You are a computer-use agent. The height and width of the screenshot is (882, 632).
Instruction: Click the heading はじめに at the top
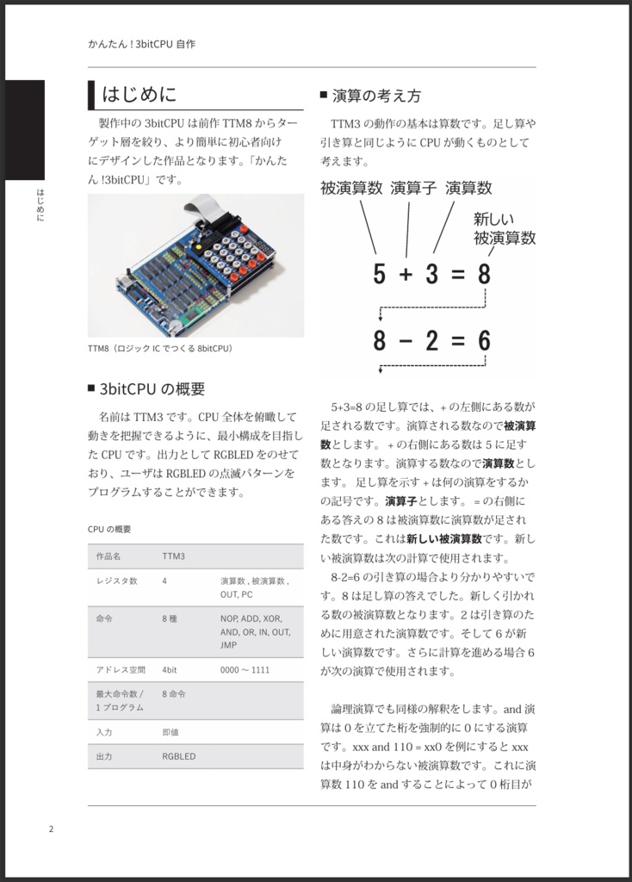(x=139, y=93)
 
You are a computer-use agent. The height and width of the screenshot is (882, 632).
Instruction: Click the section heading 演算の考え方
(x=376, y=96)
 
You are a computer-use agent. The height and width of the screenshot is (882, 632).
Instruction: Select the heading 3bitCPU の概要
(x=152, y=388)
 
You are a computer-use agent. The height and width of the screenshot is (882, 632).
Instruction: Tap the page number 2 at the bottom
(x=51, y=829)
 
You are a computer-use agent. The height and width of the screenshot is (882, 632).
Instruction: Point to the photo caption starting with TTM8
(x=160, y=349)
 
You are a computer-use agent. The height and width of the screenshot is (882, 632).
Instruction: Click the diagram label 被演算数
(x=351, y=188)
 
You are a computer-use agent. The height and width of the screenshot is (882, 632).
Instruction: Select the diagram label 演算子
(x=414, y=188)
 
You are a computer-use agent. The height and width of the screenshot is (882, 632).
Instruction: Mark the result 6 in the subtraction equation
(x=484, y=341)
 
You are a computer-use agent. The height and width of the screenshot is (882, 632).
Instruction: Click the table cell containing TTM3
(x=174, y=556)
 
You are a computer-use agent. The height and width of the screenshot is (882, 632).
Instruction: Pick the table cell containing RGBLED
(x=179, y=756)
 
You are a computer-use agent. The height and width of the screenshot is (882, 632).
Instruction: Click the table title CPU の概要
(x=109, y=529)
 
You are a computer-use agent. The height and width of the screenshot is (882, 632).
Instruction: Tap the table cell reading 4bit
(x=171, y=669)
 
